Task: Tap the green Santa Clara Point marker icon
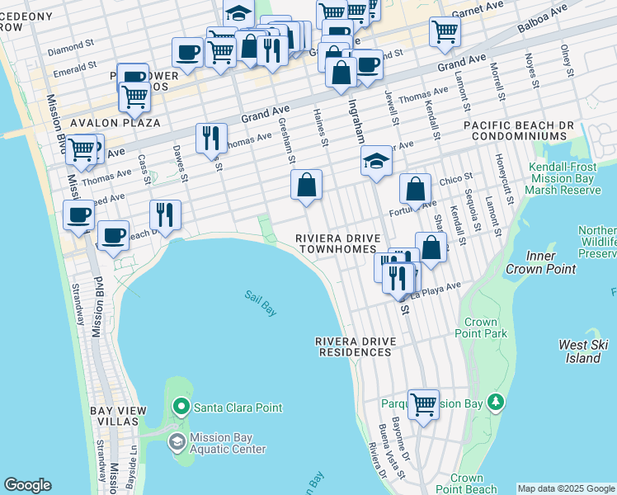(x=181, y=407)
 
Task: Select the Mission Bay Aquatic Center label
(x=227, y=444)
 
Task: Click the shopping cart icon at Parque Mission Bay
(x=424, y=404)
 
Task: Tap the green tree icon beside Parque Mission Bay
(x=495, y=403)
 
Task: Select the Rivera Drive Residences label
(x=353, y=346)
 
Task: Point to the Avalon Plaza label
(x=115, y=123)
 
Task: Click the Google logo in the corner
(x=27, y=485)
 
